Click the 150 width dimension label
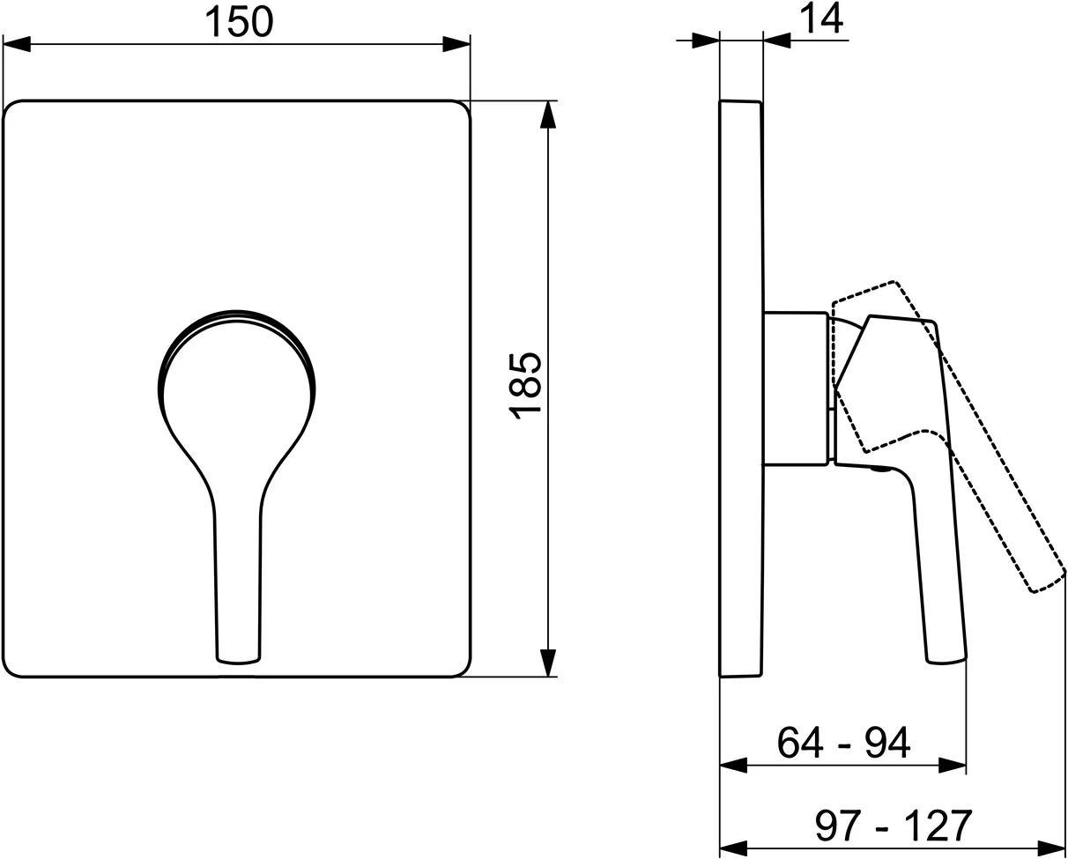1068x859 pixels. pos(238,21)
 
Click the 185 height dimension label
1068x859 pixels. pos(525,386)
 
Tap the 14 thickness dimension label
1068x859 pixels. pos(822,19)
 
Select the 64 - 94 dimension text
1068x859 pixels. pos(843,743)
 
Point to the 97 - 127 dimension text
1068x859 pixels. pos(893,826)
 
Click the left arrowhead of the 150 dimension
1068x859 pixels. pos(18,43)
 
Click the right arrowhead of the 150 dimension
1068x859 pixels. pos(456,43)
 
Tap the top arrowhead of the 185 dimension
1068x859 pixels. pos(548,115)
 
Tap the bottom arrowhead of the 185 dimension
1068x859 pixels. pos(548,663)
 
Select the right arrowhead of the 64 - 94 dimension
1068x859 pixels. pos(953,766)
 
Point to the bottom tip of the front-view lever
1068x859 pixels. pos(237,658)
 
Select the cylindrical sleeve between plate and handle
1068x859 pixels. pos(796,388)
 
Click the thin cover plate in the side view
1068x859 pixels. pos(740,388)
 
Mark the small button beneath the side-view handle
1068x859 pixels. pos(878,472)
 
